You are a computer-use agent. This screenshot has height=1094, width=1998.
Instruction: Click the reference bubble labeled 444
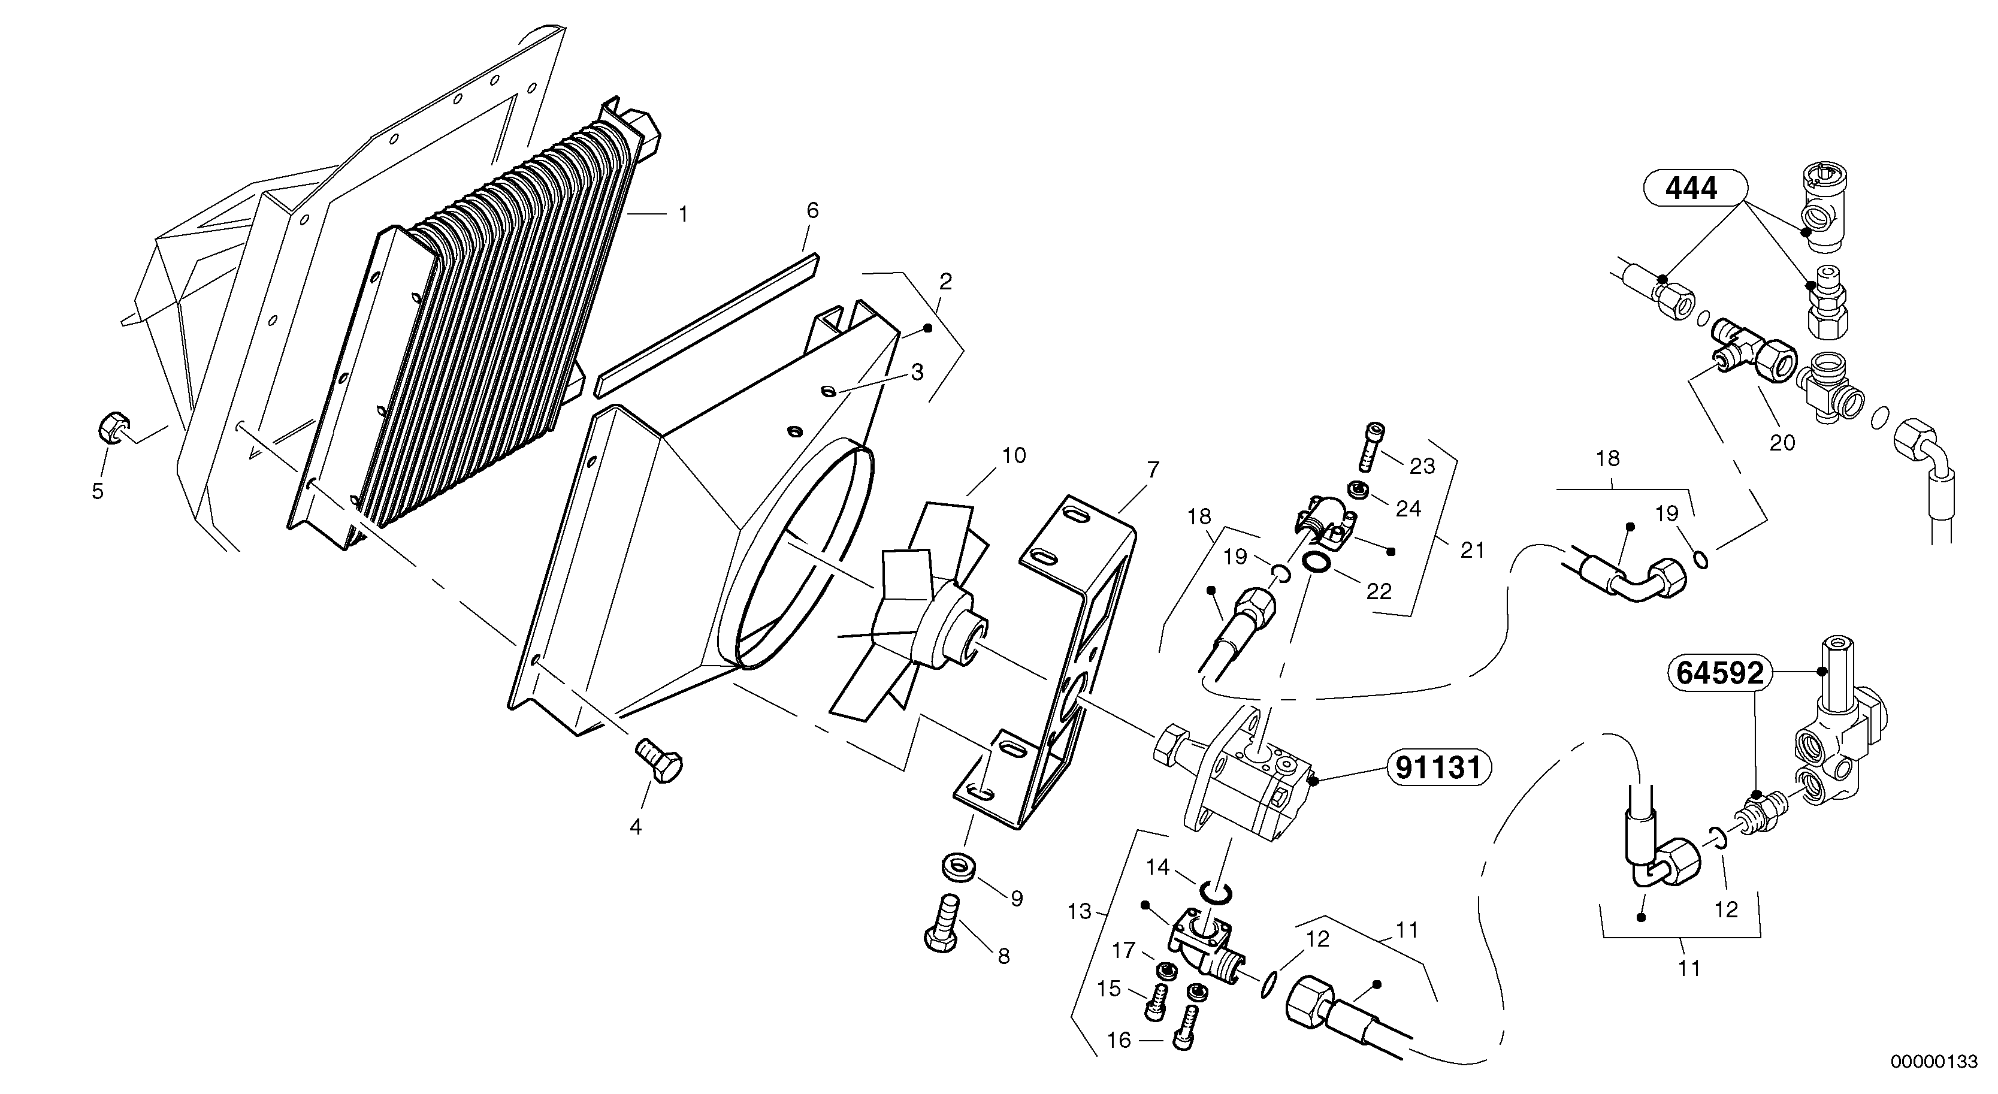(x=1692, y=189)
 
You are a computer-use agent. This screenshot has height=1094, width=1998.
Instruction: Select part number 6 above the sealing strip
(x=812, y=210)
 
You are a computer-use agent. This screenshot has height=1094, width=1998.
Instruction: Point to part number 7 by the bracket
(x=1153, y=469)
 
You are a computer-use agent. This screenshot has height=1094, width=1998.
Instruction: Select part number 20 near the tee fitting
(x=1782, y=442)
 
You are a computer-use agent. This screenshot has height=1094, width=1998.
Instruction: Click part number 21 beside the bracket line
(x=1472, y=550)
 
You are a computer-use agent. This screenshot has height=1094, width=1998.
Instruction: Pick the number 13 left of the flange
(x=1079, y=911)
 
